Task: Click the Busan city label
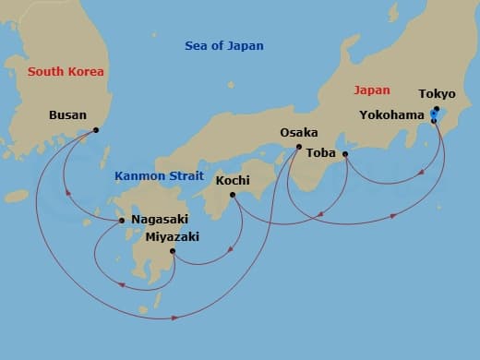[66, 115]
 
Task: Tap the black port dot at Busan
[95, 130]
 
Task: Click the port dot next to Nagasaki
[122, 220]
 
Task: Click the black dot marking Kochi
[233, 194]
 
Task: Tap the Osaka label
[299, 133]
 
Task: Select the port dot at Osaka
[298, 147]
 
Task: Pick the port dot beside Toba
[345, 153]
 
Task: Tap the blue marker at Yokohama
[433, 117]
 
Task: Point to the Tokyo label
[437, 94]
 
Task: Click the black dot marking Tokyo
[436, 108]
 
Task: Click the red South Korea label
[66, 71]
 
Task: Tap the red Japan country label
[372, 90]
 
